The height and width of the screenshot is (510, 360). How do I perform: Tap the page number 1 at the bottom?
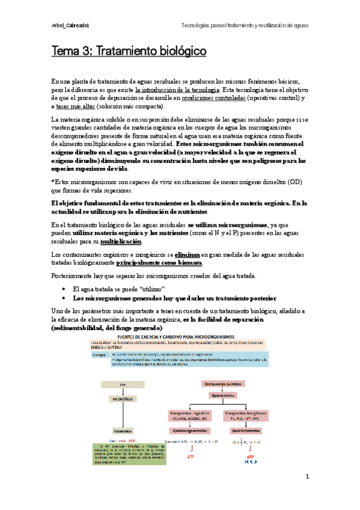[x=307, y=494]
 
